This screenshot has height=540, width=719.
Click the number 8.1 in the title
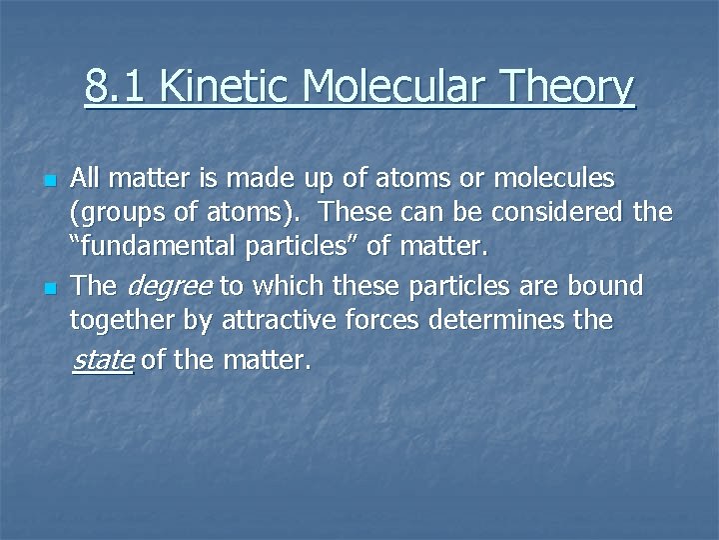click(x=116, y=86)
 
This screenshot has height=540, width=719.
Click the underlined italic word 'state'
click(x=103, y=360)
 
